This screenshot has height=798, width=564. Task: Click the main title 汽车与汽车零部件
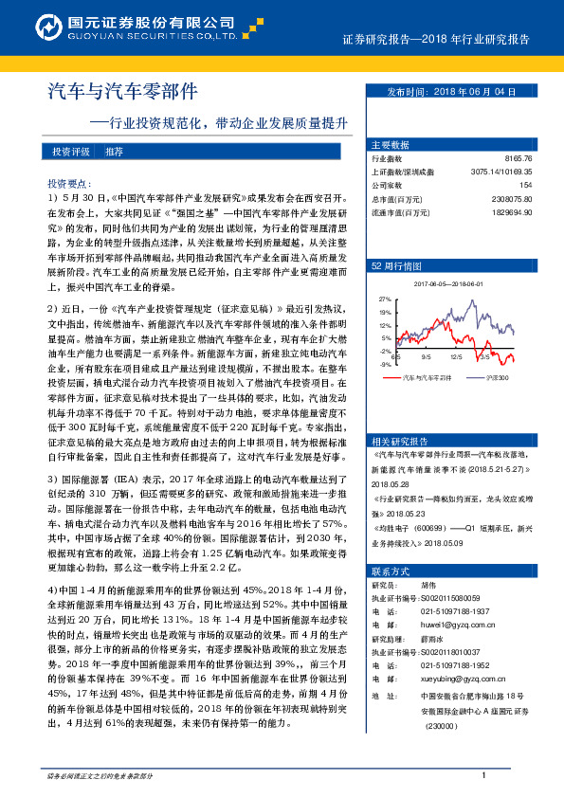pyautogui.click(x=122, y=92)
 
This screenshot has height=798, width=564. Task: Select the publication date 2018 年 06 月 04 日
pyautogui.click(x=465, y=92)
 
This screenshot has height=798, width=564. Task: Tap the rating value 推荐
pyautogui.click(x=114, y=152)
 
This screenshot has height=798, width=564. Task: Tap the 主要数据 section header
pyautogui.click(x=390, y=145)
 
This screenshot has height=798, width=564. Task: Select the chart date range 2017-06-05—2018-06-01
pyautogui.click(x=454, y=283)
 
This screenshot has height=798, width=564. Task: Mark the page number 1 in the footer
pyautogui.click(x=483, y=776)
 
